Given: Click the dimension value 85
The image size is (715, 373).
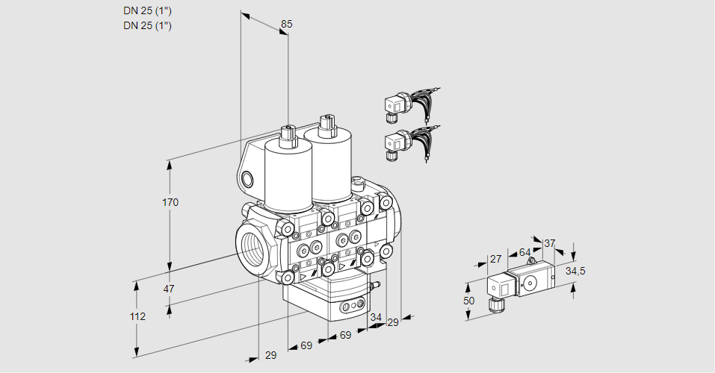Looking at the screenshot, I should pos(286,24).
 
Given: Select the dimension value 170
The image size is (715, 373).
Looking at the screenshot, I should pos(171,202).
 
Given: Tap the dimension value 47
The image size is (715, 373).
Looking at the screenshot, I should pos(169,289).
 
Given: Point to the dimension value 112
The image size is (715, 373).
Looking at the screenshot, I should pos(137,316).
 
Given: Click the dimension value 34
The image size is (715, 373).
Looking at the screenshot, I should pos(376,317).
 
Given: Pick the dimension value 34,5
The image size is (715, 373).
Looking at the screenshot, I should pos(575,271).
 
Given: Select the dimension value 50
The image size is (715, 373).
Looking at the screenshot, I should pos(468,300).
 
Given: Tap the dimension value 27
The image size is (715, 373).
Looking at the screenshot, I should pos(495,259).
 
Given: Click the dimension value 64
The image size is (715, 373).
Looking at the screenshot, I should pos(524,253).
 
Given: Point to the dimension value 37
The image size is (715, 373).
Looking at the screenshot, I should pos(550,243).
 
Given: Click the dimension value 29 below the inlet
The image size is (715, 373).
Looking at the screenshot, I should pos(270,355).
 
